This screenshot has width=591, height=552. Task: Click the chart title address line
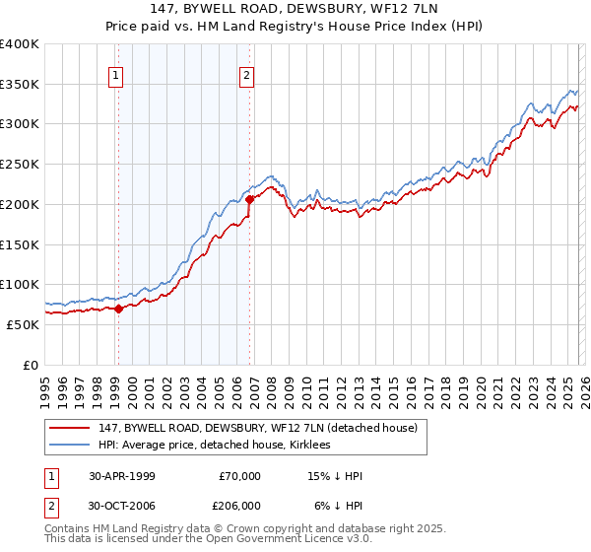[295, 11]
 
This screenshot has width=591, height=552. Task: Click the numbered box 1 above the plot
[116, 74]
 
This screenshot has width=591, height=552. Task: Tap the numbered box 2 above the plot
[246, 74]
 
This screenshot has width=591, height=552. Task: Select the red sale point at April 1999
[119, 309]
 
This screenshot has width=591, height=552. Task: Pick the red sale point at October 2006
[250, 199]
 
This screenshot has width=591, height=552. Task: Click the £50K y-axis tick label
[23, 324]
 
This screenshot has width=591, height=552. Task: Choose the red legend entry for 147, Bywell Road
[258, 428]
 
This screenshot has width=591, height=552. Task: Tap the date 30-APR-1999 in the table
[122, 476]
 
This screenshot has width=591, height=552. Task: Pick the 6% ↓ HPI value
[339, 505]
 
